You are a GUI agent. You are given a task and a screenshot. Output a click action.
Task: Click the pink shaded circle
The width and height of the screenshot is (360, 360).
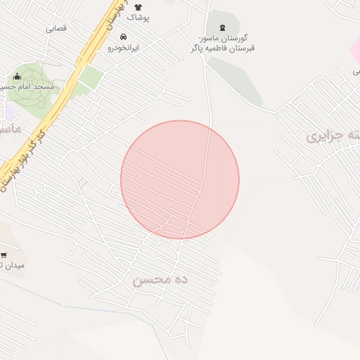pos(180,179)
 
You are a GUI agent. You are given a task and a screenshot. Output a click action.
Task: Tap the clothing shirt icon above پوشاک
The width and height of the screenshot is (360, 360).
pos(138,7)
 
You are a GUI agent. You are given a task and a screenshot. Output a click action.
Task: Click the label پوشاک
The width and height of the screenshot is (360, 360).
pos(139,18)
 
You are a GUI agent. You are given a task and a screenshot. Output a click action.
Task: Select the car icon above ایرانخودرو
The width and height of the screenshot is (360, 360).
pos(123,37)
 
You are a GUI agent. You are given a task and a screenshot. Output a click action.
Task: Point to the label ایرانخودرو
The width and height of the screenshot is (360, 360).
pos(123,48)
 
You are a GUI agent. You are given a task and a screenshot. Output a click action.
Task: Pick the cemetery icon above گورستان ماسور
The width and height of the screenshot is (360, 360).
pos(223,27)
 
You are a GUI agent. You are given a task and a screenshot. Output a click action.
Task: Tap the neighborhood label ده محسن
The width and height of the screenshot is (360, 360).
pos(161,280)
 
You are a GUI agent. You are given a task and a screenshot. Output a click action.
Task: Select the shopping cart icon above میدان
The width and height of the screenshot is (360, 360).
pos(4,255)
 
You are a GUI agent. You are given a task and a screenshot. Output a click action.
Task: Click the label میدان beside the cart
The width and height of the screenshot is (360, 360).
pos(14,266)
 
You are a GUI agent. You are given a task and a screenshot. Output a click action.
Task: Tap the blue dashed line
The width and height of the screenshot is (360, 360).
pos(42,288)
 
